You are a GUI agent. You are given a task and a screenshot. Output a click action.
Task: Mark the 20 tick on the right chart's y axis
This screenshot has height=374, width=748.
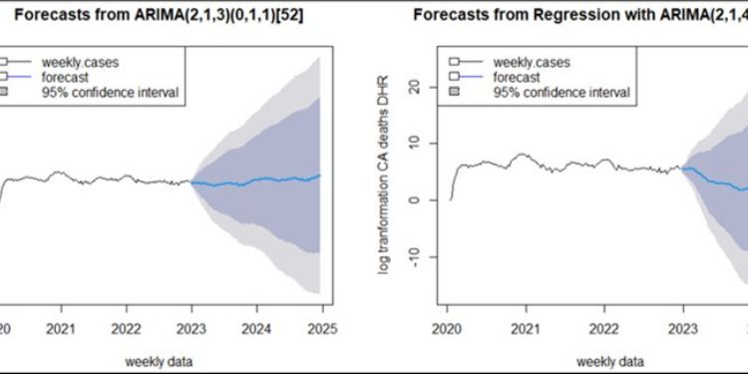pos(416,87)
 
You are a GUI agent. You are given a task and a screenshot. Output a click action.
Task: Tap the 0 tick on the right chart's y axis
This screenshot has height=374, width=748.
pos(416,199)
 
